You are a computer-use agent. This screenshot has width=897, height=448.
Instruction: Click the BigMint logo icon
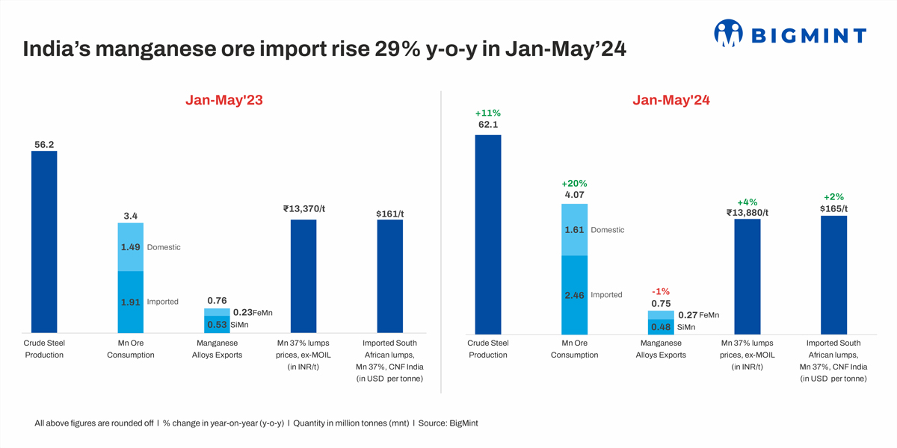click(728, 34)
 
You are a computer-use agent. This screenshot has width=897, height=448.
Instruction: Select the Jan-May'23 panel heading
click(224, 100)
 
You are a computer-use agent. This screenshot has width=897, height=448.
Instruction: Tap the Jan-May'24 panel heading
click(671, 100)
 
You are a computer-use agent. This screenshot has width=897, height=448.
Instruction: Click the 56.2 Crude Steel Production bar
click(44, 242)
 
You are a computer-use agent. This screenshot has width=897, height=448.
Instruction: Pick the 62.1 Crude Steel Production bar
click(488, 234)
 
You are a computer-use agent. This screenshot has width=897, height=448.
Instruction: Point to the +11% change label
click(488, 113)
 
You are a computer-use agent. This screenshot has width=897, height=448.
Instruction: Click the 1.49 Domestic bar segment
click(131, 247)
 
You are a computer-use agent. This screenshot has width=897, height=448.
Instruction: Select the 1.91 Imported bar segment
click(131, 302)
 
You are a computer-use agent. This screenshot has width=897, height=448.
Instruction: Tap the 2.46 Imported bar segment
click(574, 295)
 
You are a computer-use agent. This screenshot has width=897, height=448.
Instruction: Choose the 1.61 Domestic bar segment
click(574, 230)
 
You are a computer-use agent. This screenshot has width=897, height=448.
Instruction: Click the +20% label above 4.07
click(574, 184)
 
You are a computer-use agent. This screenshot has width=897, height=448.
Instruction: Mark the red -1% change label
click(661, 292)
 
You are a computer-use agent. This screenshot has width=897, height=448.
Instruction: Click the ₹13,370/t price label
click(303, 209)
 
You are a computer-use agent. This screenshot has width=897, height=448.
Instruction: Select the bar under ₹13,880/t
click(747, 276)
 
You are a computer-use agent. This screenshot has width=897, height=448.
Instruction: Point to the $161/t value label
click(389, 214)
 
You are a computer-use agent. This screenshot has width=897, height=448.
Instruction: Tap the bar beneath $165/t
click(833, 275)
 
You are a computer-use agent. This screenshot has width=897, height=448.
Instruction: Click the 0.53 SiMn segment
click(218, 325)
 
